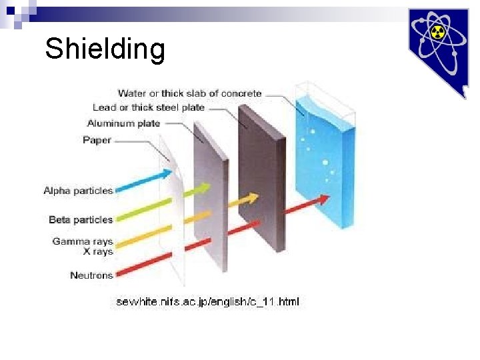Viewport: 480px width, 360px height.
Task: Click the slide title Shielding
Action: click(x=105, y=49)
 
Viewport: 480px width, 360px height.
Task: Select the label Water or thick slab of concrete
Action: click(x=189, y=93)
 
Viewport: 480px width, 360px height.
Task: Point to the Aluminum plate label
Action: click(x=123, y=123)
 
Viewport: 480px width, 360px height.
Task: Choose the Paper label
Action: click(x=97, y=140)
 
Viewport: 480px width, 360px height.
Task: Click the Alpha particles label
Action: click(x=78, y=191)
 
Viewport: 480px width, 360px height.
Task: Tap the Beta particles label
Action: click(x=81, y=219)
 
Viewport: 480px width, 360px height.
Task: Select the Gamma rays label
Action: click(x=83, y=241)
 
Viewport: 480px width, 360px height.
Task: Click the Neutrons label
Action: click(x=91, y=275)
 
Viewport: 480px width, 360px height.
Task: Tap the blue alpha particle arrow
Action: click(x=143, y=180)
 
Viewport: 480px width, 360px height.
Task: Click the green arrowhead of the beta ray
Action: click(x=203, y=189)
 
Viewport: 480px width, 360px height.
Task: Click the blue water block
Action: click(x=324, y=160)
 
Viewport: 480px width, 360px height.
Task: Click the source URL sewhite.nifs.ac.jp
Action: click(x=207, y=302)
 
